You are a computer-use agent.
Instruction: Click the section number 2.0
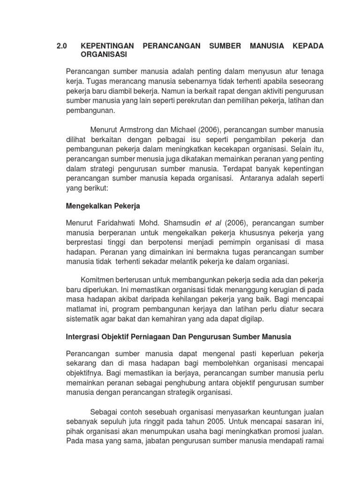[62, 46]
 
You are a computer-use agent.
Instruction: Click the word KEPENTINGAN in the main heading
[107, 46]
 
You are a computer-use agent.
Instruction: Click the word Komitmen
[98, 278]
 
